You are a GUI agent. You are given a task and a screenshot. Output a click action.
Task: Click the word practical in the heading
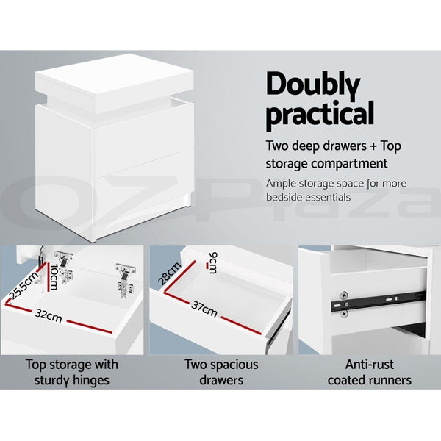coord(320,115)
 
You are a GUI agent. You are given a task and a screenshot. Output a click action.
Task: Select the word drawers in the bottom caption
coord(222,380)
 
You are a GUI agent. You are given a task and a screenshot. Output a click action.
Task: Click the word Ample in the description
coord(282,183)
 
